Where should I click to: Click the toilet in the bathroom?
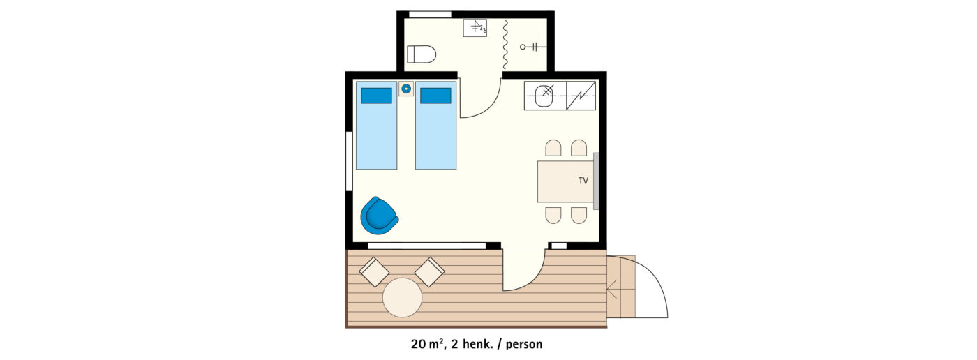point(422,54)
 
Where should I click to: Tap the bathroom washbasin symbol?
point(475,28)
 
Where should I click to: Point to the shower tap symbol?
point(530,47)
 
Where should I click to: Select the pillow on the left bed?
point(376,96)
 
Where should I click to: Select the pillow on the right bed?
point(435,96)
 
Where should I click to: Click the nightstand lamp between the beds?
point(406,89)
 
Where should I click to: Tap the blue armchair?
point(379,216)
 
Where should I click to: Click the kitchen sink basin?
point(544,96)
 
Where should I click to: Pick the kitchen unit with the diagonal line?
point(581,96)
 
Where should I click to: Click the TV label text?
point(583,181)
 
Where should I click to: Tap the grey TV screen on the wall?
point(596,181)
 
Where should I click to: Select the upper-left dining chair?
point(553,148)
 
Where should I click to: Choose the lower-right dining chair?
point(579,216)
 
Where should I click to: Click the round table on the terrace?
point(402,298)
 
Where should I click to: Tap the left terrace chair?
point(374,272)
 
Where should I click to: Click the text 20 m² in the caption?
point(427,344)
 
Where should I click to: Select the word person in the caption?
point(524,345)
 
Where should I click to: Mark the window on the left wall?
point(349,161)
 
